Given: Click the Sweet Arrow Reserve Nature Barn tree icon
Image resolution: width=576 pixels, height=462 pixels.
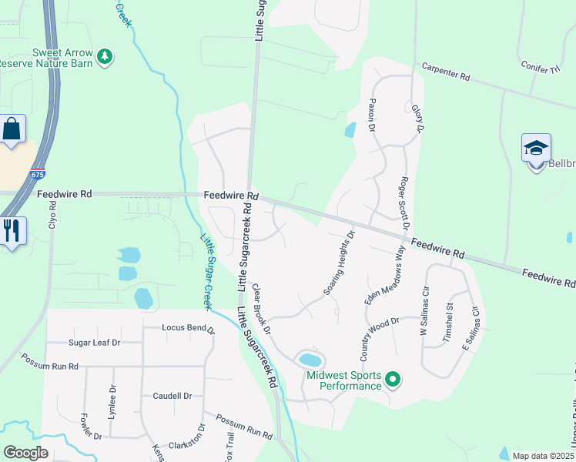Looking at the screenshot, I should click(x=105, y=55).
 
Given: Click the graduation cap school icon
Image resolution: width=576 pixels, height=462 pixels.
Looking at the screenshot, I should click(x=536, y=147).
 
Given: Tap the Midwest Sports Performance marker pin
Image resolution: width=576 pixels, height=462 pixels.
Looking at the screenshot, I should click(x=393, y=379).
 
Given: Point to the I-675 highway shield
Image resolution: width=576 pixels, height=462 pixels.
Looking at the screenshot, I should click(x=38, y=175).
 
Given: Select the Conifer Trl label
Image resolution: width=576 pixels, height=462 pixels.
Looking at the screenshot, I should click(x=539, y=69).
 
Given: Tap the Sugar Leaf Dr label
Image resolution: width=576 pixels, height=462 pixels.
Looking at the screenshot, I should click(x=95, y=342).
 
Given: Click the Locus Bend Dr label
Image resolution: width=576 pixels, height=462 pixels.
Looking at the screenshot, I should click(x=188, y=328).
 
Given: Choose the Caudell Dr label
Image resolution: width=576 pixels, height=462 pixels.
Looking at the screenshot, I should click(x=172, y=396).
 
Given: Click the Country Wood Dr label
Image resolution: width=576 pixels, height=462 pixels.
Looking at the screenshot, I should click(x=380, y=340).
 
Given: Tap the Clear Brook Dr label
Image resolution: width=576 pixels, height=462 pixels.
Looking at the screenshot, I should click(x=262, y=309).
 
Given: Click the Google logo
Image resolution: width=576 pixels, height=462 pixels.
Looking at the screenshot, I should click(x=26, y=453).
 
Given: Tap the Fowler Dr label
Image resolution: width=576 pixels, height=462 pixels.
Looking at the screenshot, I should click(x=91, y=427).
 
